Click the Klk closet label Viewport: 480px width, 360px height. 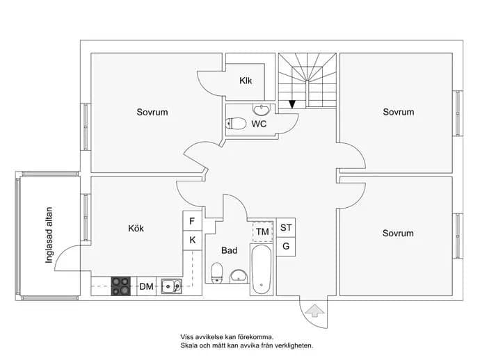coord(246,81)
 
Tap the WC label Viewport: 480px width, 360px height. coord(259,124)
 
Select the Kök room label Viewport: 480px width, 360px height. coord(136,228)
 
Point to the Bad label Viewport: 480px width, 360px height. coord(229,250)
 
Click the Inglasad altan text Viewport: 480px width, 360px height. coord(49,235)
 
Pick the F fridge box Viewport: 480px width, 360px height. coord(192,221)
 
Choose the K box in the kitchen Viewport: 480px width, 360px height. coord(192,240)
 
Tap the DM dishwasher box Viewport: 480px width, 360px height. coord(146,286)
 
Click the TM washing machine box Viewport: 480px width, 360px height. coord(262,231)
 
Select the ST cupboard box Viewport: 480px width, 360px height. coord(286,227)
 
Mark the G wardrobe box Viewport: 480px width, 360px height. coord(286,247)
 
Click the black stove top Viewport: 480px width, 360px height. coord(120,286)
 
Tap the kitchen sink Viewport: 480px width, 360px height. coord(171,286)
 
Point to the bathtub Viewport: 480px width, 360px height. coord(262,270)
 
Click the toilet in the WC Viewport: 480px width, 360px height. coord(236,124)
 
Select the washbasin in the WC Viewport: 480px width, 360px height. coord(261,109)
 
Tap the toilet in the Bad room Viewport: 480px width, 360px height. coord(217,272)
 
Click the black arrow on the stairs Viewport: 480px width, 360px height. coord(292,105)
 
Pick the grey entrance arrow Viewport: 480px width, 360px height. coord(315,311)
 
